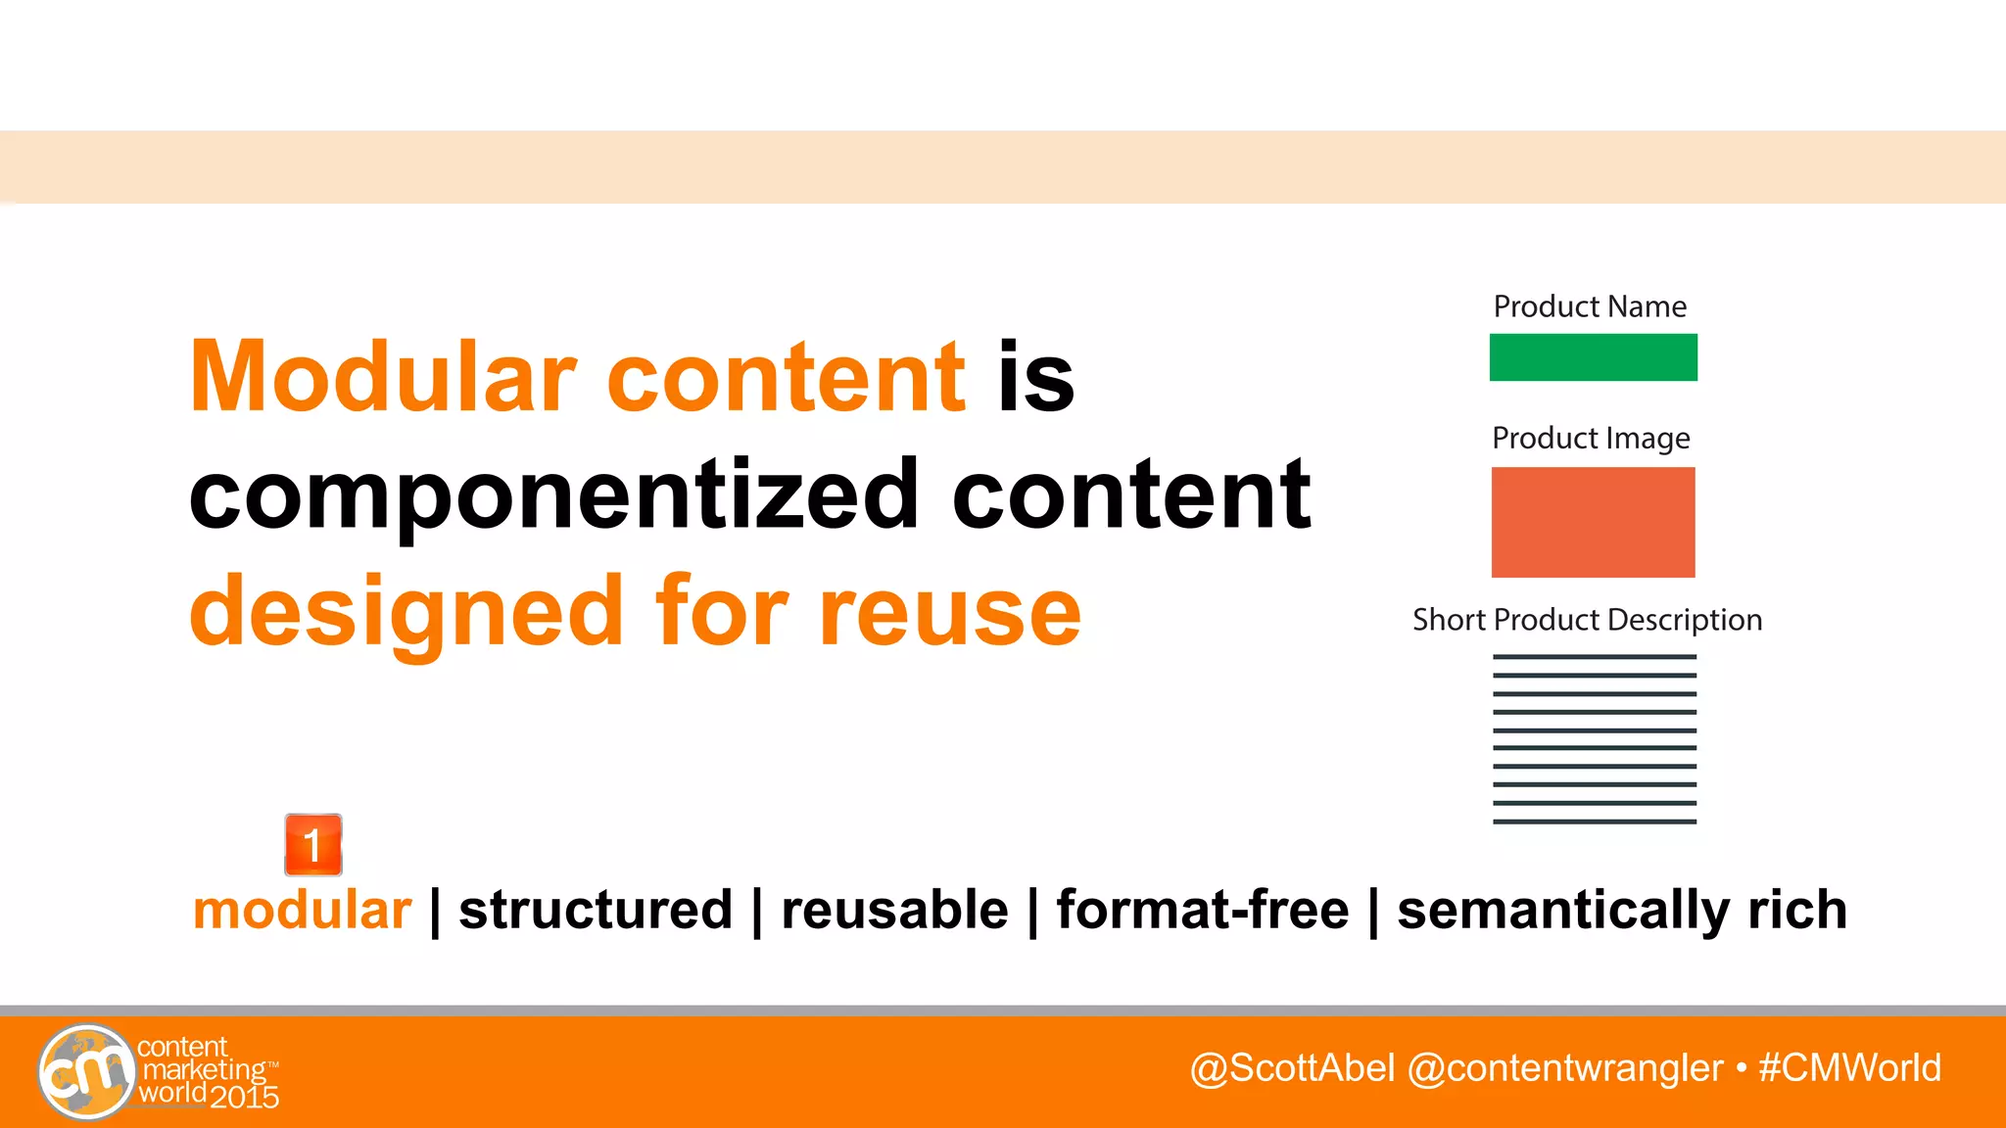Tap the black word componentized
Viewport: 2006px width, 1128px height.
pyautogui.click(x=554, y=496)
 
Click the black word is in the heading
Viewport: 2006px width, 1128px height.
pyautogui.click(x=1035, y=377)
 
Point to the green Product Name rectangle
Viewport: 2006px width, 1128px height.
pyautogui.click(x=1593, y=357)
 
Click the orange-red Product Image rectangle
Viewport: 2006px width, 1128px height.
pyautogui.click(x=1593, y=522)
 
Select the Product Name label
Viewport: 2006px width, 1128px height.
pyautogui.click(x=1589, y=306)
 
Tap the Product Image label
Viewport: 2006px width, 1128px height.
pyautogui.click(x=1591, y=438)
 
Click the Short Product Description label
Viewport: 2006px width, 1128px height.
pyautogui.click(x=1587, y=620)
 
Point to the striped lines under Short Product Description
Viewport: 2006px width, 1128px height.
pyautogui.click(x=1594, y=739)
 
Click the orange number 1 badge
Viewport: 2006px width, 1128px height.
pyautogui.click(x=313, y=844)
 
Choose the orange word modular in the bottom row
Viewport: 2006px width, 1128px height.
pyautogui.click(x=302, y=910)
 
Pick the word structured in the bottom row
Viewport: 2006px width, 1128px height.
pyautogui.click(x=596, y=910)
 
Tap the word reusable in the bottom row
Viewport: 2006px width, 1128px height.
pyautogui.click(x=894, y=910)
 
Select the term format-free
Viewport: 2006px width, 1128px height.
pyautogui.click(x=1202, y=910)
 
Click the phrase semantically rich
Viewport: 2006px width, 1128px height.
pyautogui.click(x=1621, y=910)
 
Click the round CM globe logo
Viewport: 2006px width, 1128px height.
pyautogui.click(x=86, y=1072)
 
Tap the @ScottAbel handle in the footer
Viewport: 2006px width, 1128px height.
pyautogui.click(x=1292, y=1068)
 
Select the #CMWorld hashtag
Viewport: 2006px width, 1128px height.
pyautogui.click(x=1849, y=1068)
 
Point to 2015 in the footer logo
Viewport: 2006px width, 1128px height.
pyautogui.click(x=244, y=1097)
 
